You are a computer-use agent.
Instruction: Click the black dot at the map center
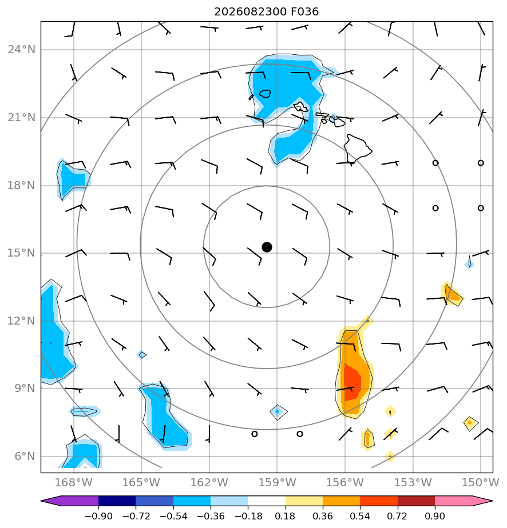(267, 247)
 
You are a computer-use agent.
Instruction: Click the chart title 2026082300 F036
(266, 12)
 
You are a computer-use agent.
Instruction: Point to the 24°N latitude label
(21, 50)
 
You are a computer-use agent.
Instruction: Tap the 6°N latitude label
(25, 456)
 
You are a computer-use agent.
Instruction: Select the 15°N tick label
(21, 253)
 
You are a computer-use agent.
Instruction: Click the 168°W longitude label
(73, 482)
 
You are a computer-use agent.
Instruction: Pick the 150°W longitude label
(480, 482)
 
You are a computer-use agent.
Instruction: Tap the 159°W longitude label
(277, 482)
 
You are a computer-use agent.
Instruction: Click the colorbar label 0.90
(435, 516)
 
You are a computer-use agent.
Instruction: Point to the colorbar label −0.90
(98, 516)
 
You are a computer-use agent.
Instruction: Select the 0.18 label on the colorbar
(285, 516)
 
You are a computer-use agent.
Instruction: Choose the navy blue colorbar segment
(117, 501)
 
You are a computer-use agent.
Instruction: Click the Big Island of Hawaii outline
(357, 148)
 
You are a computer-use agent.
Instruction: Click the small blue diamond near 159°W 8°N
(278, 411)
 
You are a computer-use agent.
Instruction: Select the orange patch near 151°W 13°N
(451, 294)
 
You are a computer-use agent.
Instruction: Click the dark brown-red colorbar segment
(417, 501)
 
